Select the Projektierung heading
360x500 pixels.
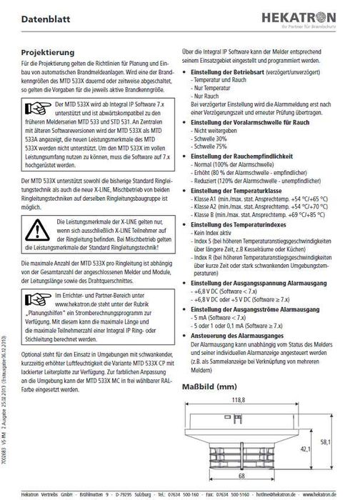49,52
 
